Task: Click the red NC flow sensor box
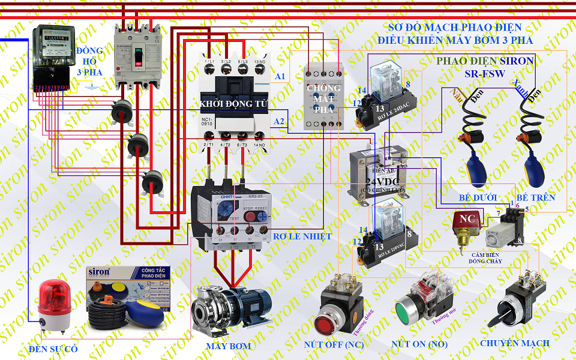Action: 465,220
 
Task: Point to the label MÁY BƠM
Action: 229,346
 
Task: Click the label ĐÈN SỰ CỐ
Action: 53,349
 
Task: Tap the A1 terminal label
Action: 280,76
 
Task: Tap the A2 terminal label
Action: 279,121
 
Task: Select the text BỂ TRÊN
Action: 535,197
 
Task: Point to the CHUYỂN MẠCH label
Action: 514,343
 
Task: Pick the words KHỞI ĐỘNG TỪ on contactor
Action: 235,104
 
